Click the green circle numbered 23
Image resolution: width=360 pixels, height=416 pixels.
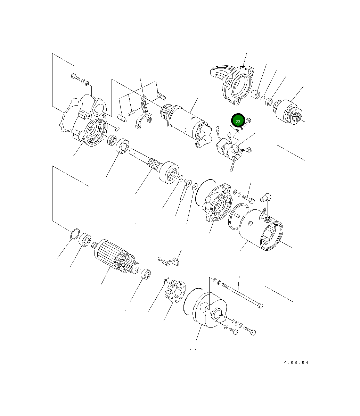point(238,121)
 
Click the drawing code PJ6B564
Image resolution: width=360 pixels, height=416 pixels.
point(296,363)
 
